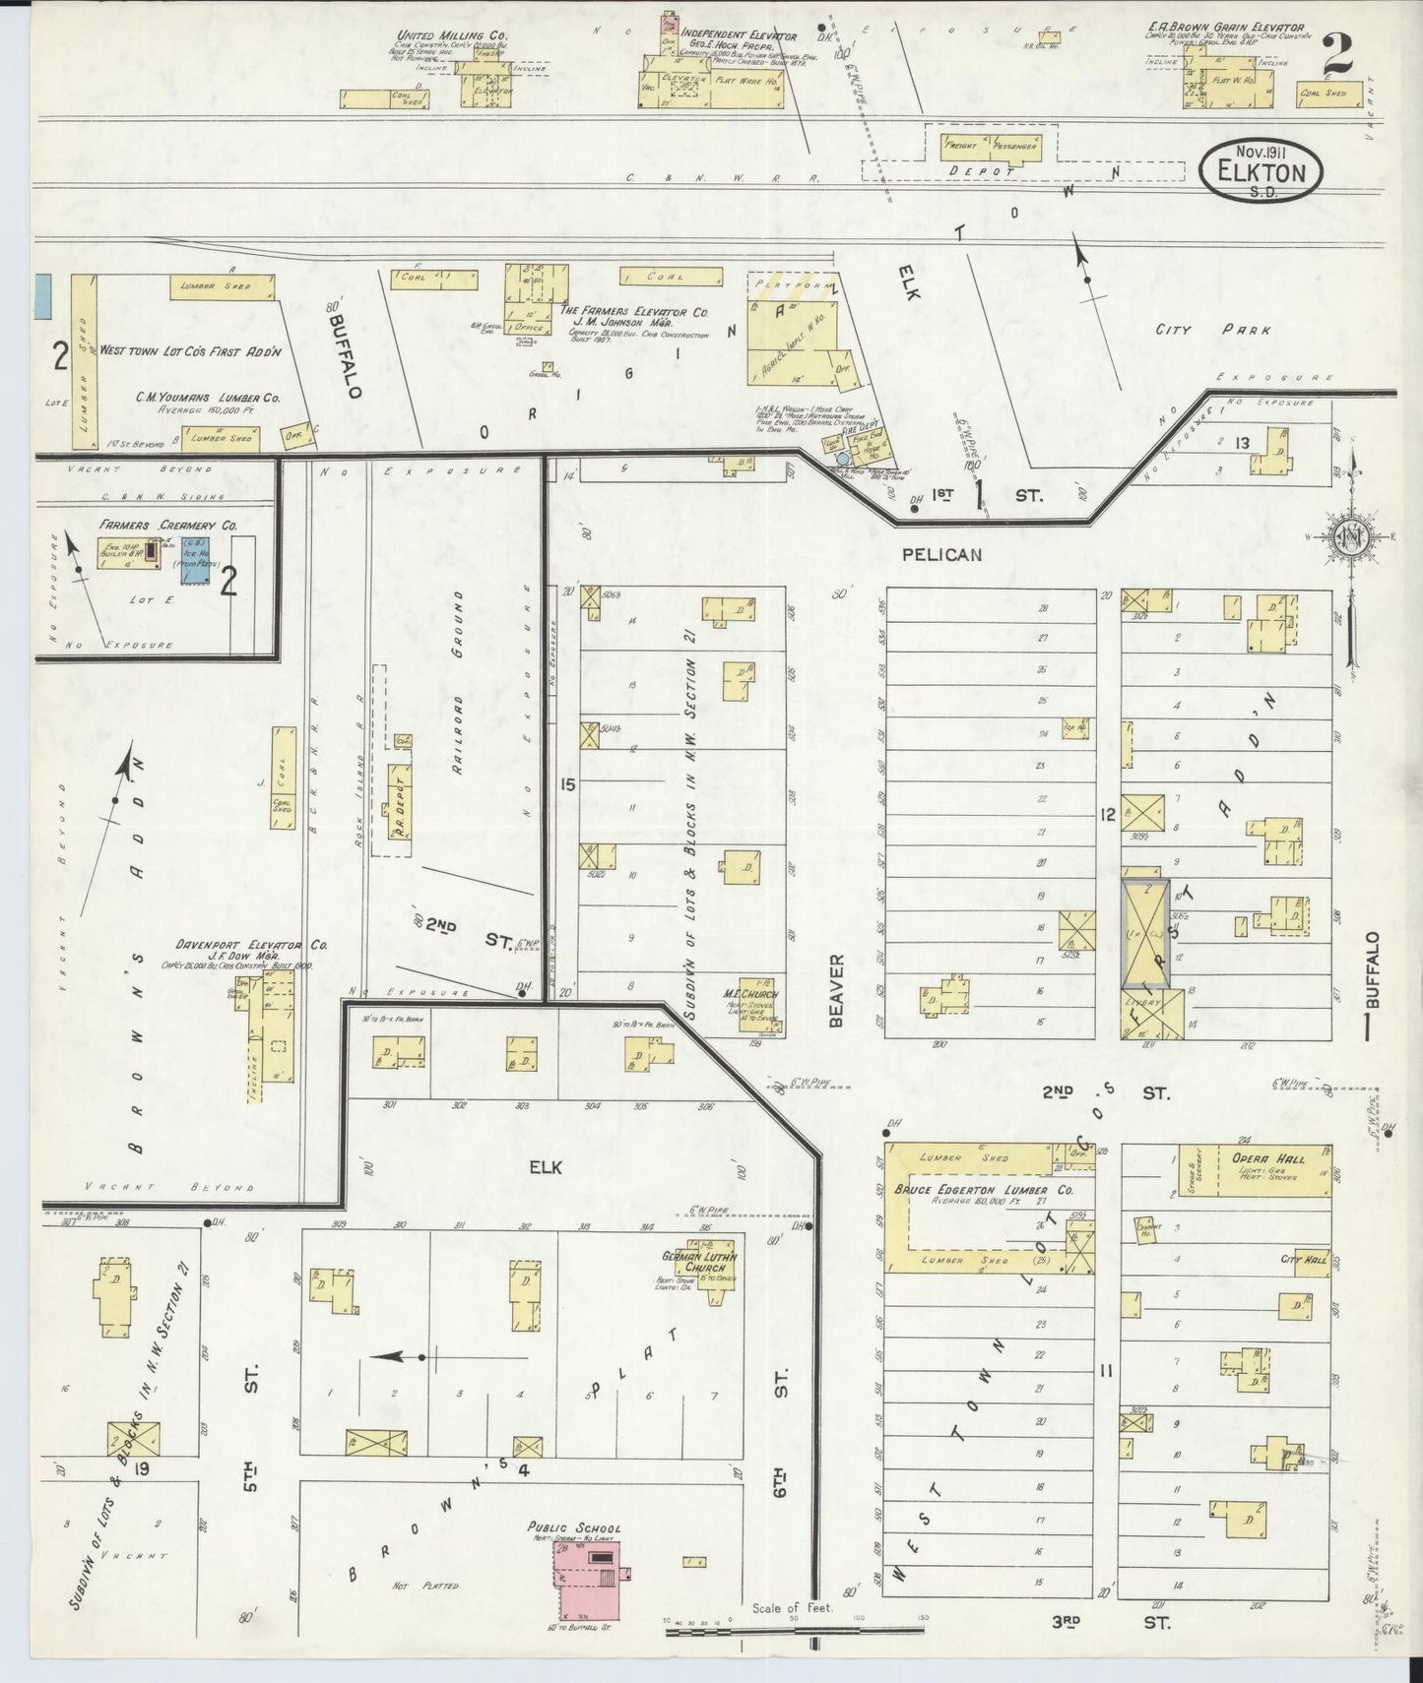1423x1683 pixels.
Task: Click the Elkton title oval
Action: [1261, 170]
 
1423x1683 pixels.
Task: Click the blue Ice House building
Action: [194, 561]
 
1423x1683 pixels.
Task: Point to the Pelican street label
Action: [941, 555]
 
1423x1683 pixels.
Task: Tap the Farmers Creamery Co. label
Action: [167, 527]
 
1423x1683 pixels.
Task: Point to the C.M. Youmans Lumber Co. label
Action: [208, 398]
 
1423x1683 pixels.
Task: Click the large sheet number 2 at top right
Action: [1337, 54]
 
